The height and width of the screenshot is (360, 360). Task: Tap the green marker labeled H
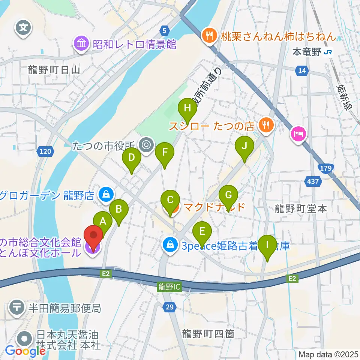click(x=187, y=109)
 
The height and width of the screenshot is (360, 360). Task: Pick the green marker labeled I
click(x=267, y=245)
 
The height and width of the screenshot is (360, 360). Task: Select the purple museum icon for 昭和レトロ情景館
click(x=81, y=45)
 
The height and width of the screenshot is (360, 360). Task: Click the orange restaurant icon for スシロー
click(x=267, y=125)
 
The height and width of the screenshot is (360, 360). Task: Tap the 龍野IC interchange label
click(x=169, y=287)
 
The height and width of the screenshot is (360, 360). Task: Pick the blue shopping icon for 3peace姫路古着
click(x=170, y=246)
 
